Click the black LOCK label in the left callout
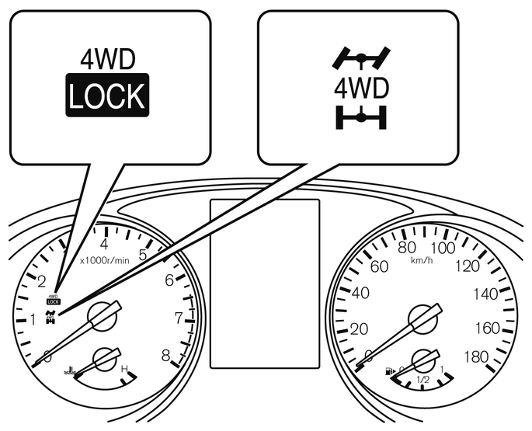click(106, 96)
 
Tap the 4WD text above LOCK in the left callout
click(106, 61)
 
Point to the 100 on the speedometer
click(442, 248)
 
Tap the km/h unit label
click(422, 259)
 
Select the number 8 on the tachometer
click(165, 356)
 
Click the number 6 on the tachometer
click(169, 280)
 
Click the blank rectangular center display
click(265, 283)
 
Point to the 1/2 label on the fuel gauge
click(423, 380)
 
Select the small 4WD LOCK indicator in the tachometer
click(53, 298)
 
